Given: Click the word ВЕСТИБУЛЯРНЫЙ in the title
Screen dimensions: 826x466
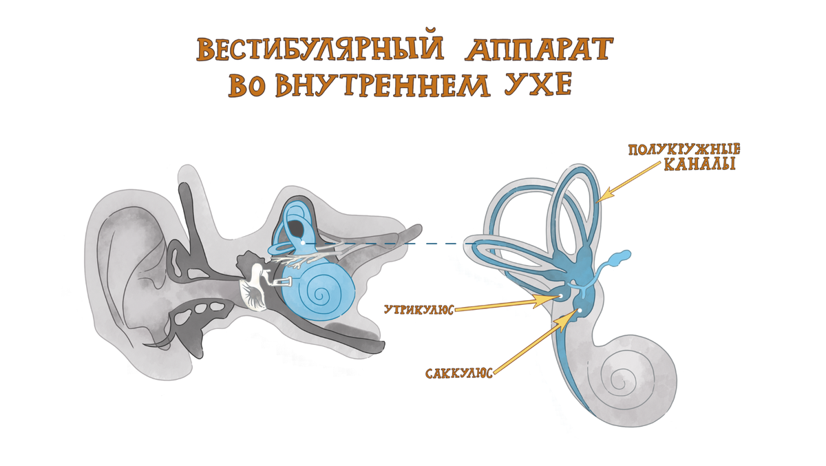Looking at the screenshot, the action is (303, 50).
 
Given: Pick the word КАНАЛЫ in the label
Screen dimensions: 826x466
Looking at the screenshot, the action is (698, 165).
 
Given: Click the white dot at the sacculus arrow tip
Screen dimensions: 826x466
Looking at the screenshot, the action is (580, 311).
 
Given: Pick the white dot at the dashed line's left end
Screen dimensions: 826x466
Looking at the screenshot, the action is (302, 242).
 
